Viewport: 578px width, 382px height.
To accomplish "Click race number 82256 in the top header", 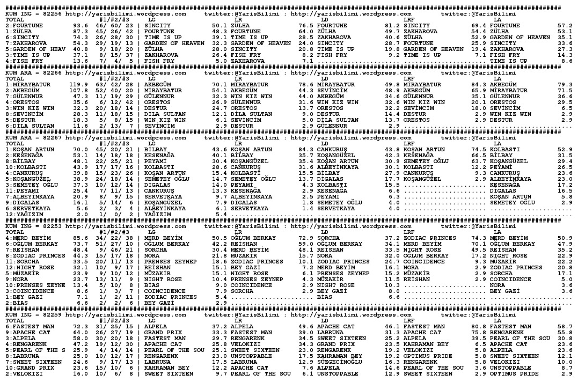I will click(x=52, y=14).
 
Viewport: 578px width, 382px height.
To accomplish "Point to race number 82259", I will click(x=52, y=315).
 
